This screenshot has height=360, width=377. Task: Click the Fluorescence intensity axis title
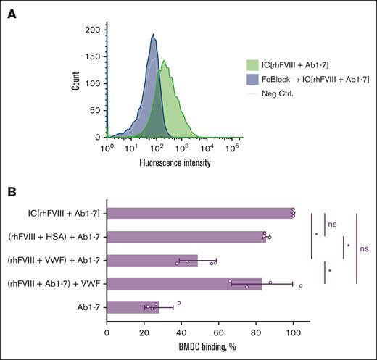[x=175, y=162]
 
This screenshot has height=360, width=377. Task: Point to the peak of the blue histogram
[x=154, y=35]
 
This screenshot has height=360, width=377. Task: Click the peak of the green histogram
[x=165, y=61]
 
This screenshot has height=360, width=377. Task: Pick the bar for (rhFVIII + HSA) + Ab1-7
[x=186, y=236]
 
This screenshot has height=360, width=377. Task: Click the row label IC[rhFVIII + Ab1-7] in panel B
[x=61, y=212]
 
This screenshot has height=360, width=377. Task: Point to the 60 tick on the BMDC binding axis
[x=218, y=332]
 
